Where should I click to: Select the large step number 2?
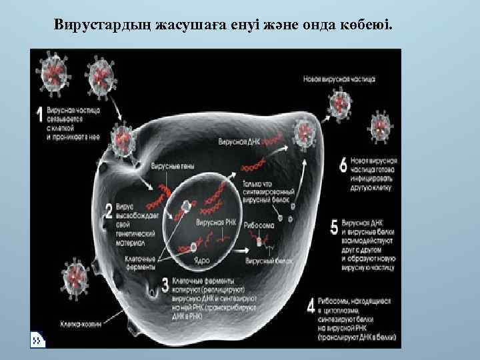pos(109,211)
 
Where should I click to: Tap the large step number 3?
pos(165,286)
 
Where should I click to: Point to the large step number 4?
pos(311,307)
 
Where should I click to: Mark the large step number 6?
pos(343,165)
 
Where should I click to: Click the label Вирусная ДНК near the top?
pos(238,142)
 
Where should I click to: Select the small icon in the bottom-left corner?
pos(38,339)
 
